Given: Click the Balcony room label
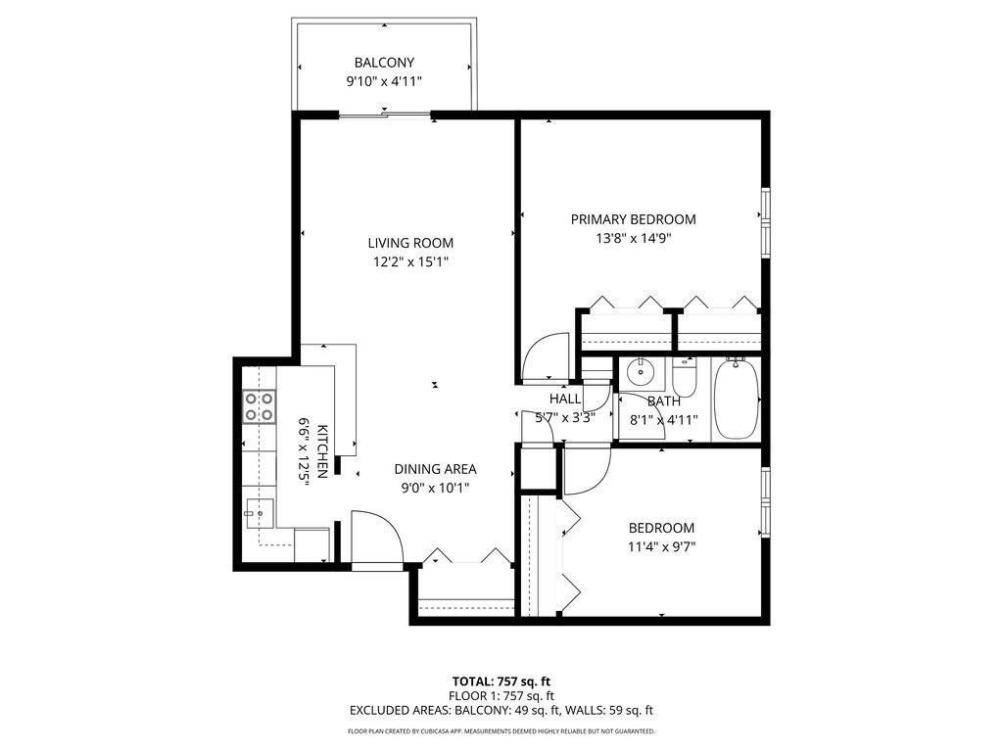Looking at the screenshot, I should click(385, 63).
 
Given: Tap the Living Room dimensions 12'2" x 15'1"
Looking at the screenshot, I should click(410, 261).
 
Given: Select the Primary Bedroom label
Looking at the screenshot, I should click(633, 219).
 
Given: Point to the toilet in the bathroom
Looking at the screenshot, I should click(684, 378).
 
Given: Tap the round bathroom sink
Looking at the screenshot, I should click(641, 371).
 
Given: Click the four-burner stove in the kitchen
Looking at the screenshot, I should click(258, 405).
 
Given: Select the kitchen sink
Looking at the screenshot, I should click(261, 511).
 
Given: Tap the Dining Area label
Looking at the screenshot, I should click(435, 469).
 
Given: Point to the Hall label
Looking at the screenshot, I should click(564, 399).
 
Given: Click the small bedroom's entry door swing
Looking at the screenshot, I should click(586, 468).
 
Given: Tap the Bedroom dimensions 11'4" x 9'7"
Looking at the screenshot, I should click(661, 547).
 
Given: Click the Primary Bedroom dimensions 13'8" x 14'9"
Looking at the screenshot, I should click(633, 238).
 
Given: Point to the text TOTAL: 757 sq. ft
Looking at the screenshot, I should click(501, 681).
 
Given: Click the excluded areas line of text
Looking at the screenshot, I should click(501, 710).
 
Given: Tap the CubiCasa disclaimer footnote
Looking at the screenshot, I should click(501, 731).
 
